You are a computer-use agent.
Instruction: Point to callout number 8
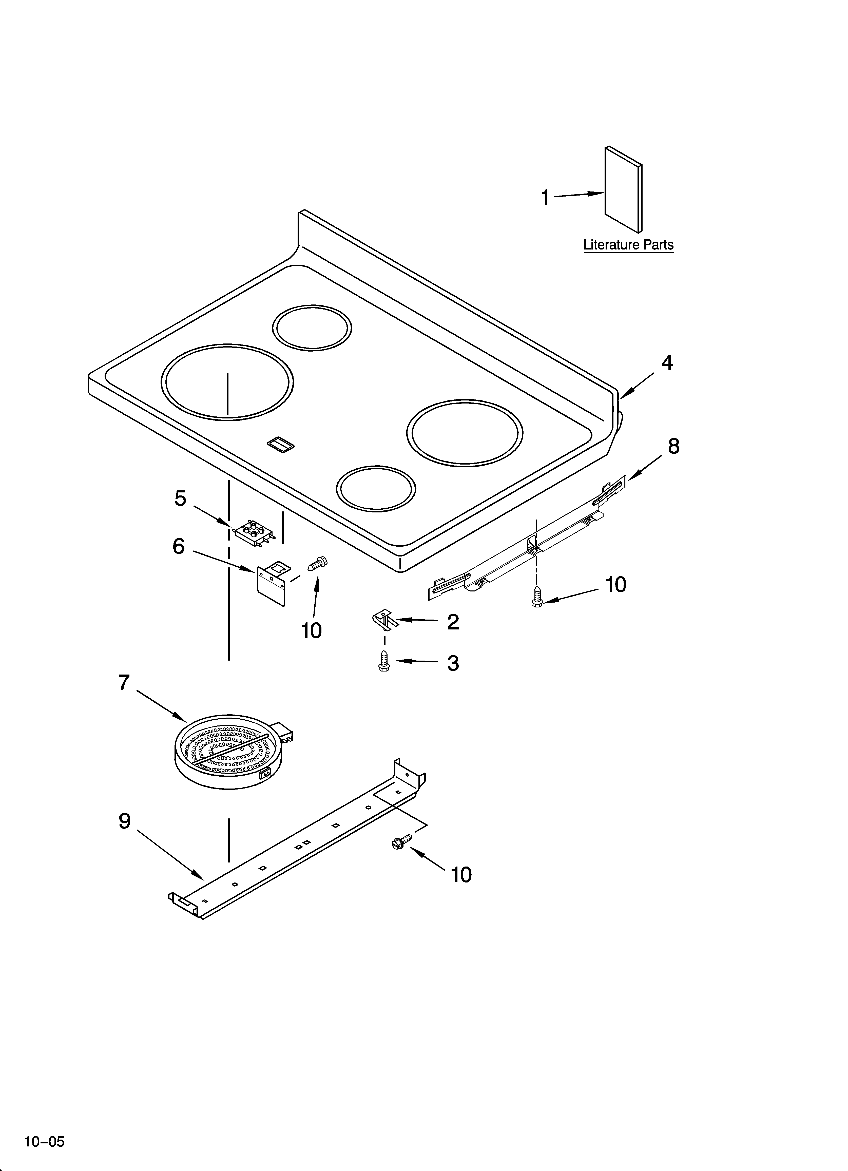click(673, 446)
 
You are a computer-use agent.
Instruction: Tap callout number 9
click(124, 821)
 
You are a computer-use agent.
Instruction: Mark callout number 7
click(124, 683)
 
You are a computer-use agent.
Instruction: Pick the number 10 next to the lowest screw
click(461, 875)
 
